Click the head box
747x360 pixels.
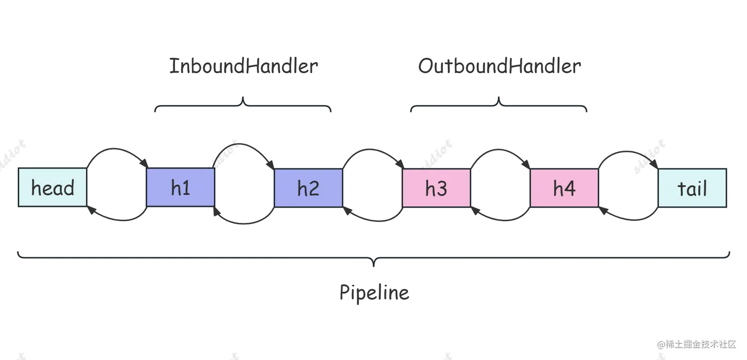52,188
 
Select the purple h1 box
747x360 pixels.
181,188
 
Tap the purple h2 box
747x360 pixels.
308,188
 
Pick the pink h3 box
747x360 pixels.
436,188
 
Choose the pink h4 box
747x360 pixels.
564,188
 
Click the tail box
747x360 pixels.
692,188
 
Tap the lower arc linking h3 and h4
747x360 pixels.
500,221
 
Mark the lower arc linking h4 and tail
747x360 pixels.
628,221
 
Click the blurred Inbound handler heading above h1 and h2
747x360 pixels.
242,66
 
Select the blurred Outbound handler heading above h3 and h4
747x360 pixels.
497,66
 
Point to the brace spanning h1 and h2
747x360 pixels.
243,105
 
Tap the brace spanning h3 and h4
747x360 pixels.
498,105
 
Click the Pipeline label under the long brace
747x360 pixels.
373,293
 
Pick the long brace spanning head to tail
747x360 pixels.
373,256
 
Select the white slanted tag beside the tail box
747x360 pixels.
650,157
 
